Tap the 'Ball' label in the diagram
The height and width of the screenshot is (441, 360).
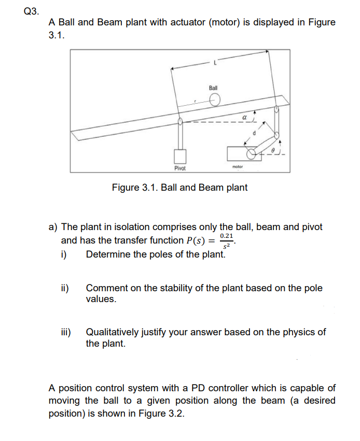coord(213,88)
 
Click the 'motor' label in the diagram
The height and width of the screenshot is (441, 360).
coord(238,167)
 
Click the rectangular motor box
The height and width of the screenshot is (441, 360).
coord(240,153)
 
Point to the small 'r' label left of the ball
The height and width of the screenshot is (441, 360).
coord(195,102)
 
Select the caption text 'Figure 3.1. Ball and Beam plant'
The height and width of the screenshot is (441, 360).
coord(179,187)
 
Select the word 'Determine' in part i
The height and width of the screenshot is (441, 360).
coord(107,254)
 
